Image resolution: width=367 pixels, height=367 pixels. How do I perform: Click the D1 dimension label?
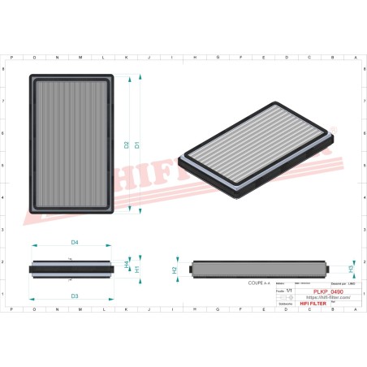point(136,145)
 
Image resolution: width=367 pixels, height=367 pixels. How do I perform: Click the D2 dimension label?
point(127,145)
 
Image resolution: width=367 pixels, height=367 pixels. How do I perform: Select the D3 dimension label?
point(74,296)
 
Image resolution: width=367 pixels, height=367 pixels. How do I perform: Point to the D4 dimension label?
point(74,242)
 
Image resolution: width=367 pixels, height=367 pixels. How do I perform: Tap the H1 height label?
point(137,269)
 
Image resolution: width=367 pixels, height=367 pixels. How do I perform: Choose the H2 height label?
point(174,269)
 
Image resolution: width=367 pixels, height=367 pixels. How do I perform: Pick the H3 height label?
point(351,269)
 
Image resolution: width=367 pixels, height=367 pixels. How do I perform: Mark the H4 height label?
point(127,265)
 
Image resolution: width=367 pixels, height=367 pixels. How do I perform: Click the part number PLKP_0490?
point(327,291)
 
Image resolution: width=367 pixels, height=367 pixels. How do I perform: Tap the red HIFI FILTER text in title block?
point(313,303)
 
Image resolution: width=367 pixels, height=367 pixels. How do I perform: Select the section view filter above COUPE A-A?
point(258,268)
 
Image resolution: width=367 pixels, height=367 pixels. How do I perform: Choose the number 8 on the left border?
point(6,70)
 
